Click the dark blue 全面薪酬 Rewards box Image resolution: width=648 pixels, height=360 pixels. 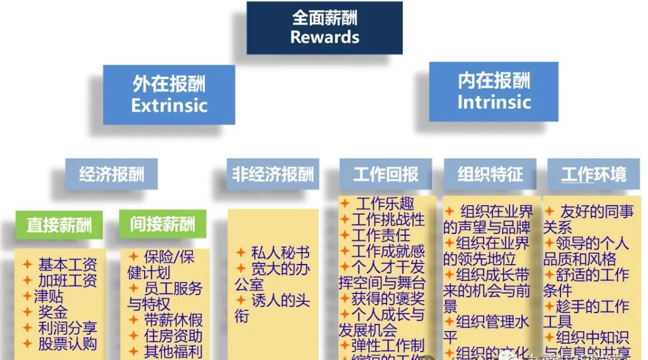click(324, 27)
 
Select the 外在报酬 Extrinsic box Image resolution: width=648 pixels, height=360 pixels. click(169, 95)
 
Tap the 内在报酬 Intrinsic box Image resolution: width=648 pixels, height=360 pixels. click(493, 91)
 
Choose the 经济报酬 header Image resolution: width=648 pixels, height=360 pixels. click(112, 175)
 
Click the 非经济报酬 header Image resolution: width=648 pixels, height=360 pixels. click(272, 175)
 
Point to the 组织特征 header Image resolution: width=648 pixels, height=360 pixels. click(490, 175)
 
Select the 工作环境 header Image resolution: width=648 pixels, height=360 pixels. click(593, 175)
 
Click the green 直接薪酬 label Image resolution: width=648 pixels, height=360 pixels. click(59, 226)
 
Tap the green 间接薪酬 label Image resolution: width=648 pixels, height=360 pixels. click(162, 224)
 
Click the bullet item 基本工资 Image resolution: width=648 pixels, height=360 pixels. click(67, 264)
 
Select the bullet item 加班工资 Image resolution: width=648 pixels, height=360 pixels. click(67, 280)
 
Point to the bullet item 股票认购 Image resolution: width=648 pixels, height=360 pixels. click(67, 344)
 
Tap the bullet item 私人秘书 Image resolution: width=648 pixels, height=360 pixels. click(280, 253)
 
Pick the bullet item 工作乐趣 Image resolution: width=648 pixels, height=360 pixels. click(385, 204)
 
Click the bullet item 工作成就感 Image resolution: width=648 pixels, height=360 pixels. click(388, 250)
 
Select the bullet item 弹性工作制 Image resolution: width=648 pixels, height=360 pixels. click(388, 345)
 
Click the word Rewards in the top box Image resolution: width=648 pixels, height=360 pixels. click(325, 37)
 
